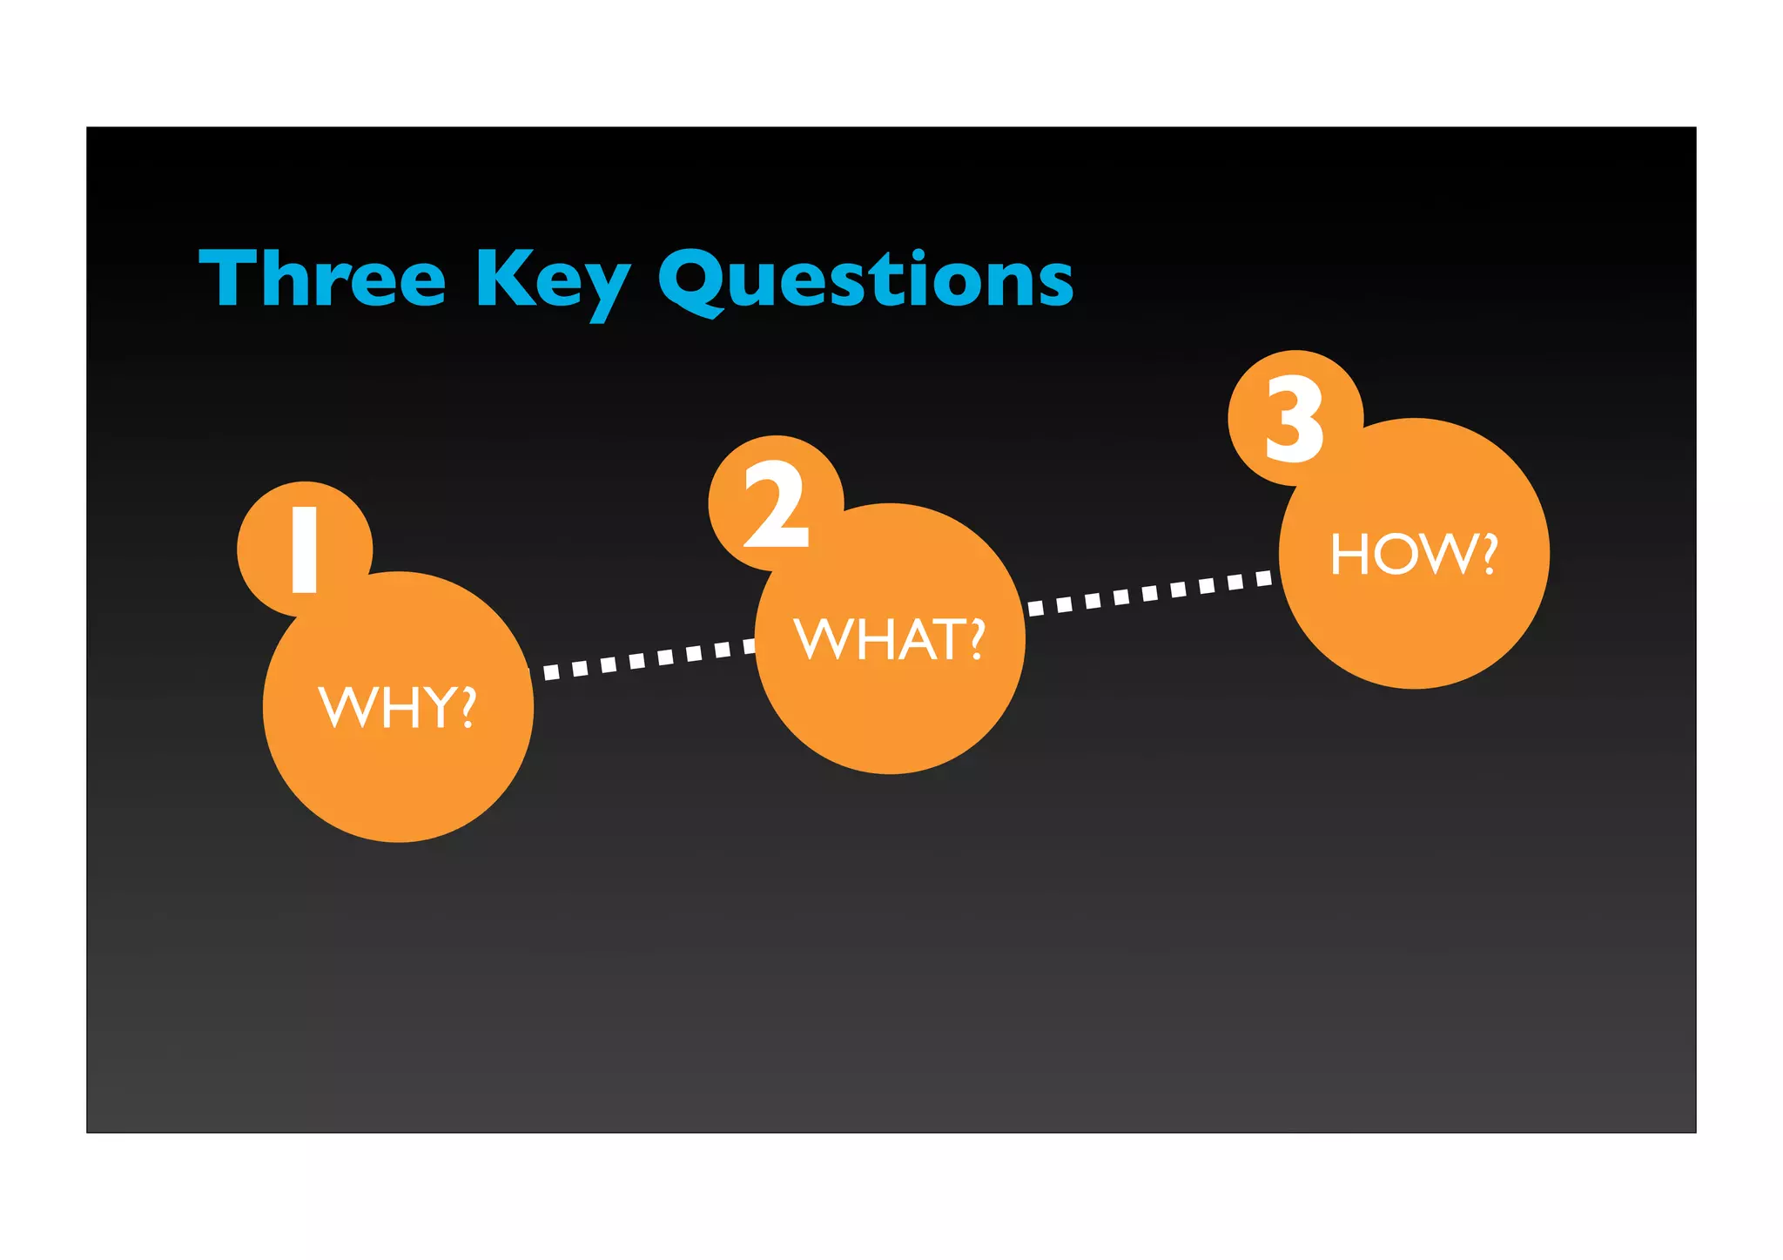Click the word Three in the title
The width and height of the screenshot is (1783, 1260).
coord(322,279)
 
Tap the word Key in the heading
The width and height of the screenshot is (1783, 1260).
coord(552,280)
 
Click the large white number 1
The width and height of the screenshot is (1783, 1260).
coord(305,550)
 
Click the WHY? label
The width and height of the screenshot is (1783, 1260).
coord(398,706)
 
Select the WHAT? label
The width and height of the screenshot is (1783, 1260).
coord(890,640)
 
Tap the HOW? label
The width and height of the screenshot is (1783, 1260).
coord(1414,554)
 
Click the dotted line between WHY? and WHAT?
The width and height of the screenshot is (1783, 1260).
coord(644,659)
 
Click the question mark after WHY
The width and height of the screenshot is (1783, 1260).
coord(468,706)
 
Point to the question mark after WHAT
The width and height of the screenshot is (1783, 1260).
coord(977,640)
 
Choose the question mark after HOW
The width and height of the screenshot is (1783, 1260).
coord(1488,554)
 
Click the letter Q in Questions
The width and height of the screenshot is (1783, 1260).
coord(692,280)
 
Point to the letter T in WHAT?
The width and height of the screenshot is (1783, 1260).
coord(946,641)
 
